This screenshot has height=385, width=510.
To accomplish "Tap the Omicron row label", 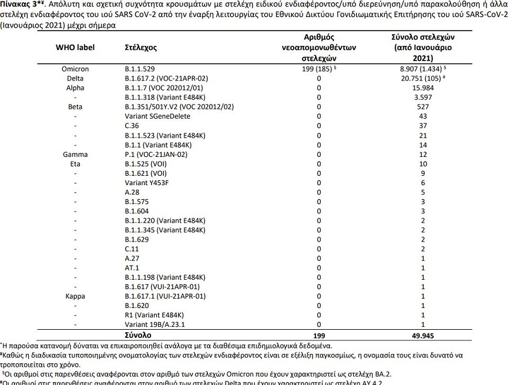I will (x=75, y=69).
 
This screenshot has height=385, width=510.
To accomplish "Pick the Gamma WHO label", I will (x=75, y=154).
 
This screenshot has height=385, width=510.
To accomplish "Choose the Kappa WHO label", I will (x=75, y=296).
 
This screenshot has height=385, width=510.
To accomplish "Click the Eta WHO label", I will (x=75, y=163).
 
